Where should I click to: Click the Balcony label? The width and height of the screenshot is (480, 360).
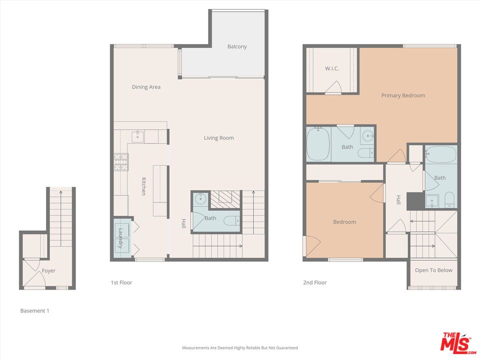tap(237, 46)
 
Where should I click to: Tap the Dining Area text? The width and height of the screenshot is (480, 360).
tap(146, 87)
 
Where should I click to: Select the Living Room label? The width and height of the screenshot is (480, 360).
tap(218, 138)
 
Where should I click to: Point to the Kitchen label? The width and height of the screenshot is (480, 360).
tap(143, 186)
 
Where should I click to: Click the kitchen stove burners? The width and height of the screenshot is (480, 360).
tap(121, 161)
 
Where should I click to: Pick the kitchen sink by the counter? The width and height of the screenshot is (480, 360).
tap(137, 136)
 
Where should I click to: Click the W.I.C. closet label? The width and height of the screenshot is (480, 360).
tap(331, 68)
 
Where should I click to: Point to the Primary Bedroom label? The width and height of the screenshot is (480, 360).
tap(403, 95)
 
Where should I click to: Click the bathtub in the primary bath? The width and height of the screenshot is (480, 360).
tap(318, 144)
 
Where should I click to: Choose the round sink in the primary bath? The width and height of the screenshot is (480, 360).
tap(367, 135)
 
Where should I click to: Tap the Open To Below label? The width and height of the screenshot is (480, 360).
tap(433, 270)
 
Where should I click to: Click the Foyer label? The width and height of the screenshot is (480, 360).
tap(48, 271)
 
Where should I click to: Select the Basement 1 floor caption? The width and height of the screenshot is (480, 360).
tap(34, 311)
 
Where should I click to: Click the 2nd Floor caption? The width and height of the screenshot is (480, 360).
tap(314, 283)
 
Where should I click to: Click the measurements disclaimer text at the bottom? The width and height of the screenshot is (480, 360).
tap(239, 348)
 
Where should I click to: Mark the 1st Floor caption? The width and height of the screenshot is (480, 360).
tap(121, 283)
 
